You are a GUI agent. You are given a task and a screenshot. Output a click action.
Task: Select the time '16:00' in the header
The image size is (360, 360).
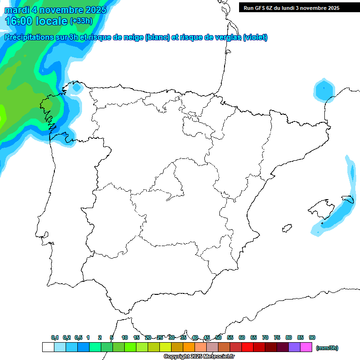[x=19, y=21]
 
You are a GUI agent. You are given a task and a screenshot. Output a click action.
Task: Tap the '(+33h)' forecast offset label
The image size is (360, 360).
[x=82, y=21]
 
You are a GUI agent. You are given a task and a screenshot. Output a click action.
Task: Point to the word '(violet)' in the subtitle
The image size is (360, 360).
[x=255, y=37]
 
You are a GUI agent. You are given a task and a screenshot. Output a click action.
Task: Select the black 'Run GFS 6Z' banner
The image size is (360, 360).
[x=291, y=7]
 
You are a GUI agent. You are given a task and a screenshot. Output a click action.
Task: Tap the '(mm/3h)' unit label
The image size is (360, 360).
[x=327, y=348]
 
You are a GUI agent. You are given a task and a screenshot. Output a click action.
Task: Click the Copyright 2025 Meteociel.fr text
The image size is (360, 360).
[x=199, y=357]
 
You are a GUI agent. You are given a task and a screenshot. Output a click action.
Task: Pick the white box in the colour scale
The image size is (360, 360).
[x=48, y=347]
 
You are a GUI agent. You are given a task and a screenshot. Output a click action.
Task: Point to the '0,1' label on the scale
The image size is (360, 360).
[x=55, y=337]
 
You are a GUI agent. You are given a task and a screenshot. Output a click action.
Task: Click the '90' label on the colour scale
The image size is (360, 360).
[x=312, y=337]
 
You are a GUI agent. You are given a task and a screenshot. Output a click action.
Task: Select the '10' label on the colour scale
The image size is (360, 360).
[x=125, y=337]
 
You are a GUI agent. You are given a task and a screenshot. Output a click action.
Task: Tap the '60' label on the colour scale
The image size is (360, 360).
[x=242, y=337]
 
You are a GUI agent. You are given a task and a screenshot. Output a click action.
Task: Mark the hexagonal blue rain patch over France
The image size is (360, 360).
[x=324, y=90]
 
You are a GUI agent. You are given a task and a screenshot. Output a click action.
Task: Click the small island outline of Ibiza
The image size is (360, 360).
[x=286, y=228]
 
